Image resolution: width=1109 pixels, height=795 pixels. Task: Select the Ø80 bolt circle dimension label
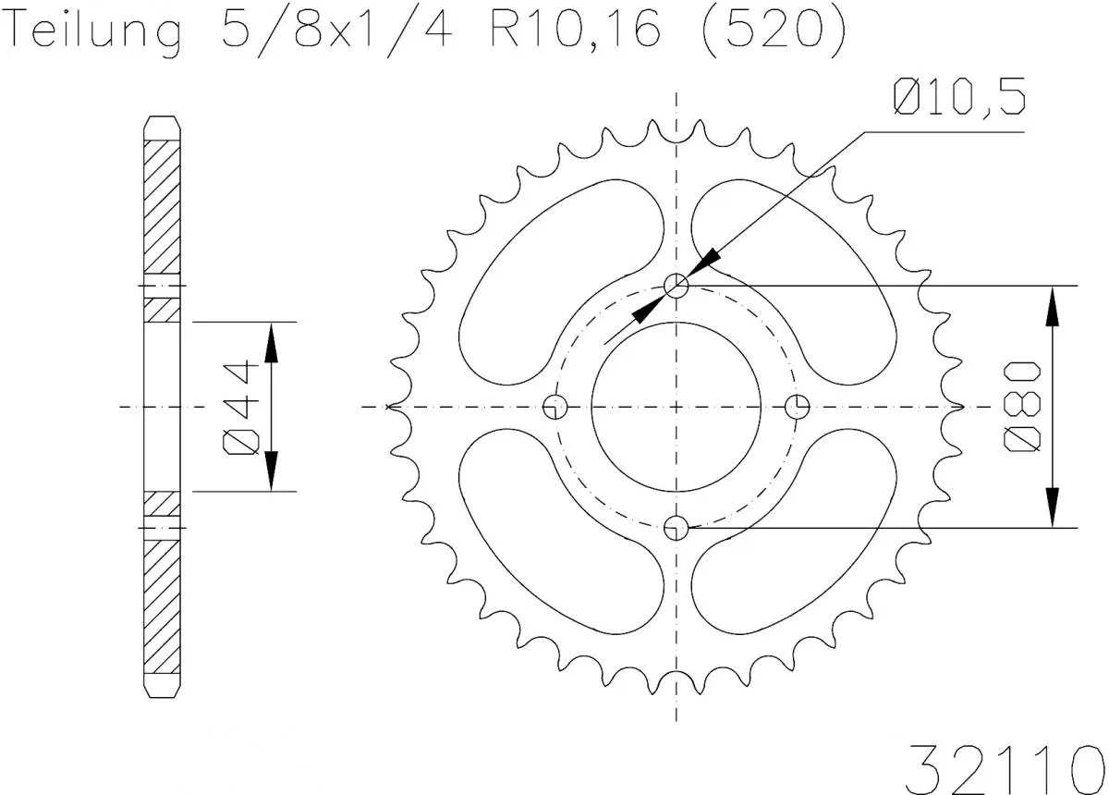[1024, 407]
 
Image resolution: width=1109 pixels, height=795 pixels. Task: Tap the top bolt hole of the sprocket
[677, 287]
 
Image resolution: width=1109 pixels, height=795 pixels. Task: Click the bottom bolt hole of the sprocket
[677, 528]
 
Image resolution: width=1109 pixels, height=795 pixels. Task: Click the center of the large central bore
[677, 407]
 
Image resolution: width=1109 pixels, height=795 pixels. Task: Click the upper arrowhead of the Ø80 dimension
[1052, 305]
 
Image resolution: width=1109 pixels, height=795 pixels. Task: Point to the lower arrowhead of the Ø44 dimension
[271, 471]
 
